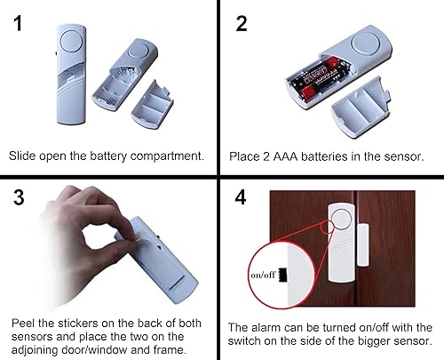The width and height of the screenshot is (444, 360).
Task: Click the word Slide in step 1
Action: coord(23,156)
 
